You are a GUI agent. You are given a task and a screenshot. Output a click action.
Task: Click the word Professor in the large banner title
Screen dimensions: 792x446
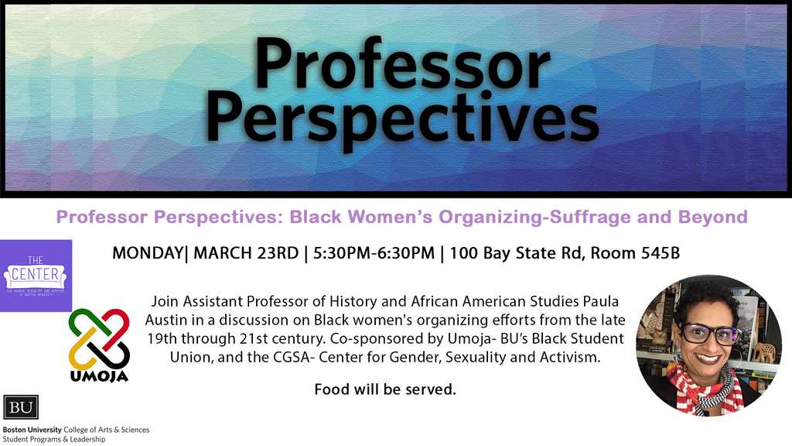402,64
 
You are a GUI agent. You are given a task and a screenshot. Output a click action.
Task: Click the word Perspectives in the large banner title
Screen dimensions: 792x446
402,118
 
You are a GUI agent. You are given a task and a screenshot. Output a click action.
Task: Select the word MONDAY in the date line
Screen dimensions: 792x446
148,253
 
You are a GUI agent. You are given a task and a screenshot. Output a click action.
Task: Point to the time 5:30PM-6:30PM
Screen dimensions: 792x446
374,253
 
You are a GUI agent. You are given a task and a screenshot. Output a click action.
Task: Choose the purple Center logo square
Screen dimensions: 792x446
36,276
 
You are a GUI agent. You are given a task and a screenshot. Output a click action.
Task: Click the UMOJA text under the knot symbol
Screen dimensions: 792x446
99,376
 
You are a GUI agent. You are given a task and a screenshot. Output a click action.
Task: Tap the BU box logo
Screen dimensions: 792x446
21,407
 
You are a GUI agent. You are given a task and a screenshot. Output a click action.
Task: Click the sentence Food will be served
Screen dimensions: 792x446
385,389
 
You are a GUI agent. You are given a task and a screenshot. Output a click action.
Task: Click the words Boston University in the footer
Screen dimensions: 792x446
32,430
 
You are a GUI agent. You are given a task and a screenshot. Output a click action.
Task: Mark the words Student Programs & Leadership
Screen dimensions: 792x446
54,440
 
